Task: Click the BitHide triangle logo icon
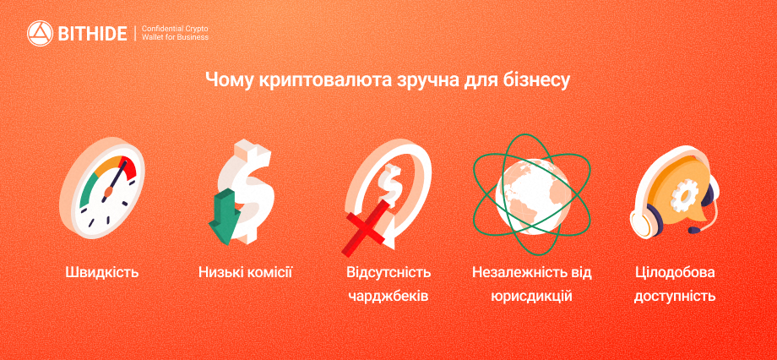pyautogui.click(x=41, y=34)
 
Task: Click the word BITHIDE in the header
pyautogui.click(x=93, y=34)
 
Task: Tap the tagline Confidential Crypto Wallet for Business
pyautogui.click(x=175, y=33)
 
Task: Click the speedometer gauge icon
pyautogui.click(x=101, y=188)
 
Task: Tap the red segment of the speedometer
pyautogui.click(x=127, y=167)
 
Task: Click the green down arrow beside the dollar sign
pyautogui.click(x=225, y=216)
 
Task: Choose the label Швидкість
pyautogui.click(x=101, y=272)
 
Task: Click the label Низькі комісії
pyautogui.click(x=245, y=272)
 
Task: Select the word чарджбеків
pyautogui.click(x=388, y=297)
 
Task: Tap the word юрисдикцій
pyautogui.click(x=532, y=297)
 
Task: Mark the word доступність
pyautogui.click(x=676, y=297)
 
